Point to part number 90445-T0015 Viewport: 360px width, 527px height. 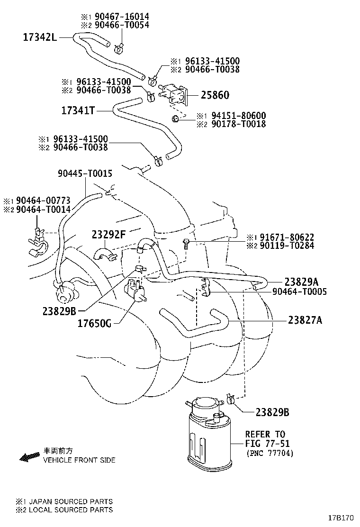[85, 173]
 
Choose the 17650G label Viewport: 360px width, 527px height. [94, 324]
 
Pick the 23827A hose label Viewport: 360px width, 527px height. [305, 320]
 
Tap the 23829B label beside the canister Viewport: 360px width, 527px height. [272, 412]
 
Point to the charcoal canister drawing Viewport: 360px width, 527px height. [207, 436]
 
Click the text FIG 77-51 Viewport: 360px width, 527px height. [267, 444]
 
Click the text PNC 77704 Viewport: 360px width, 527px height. [270, 454]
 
